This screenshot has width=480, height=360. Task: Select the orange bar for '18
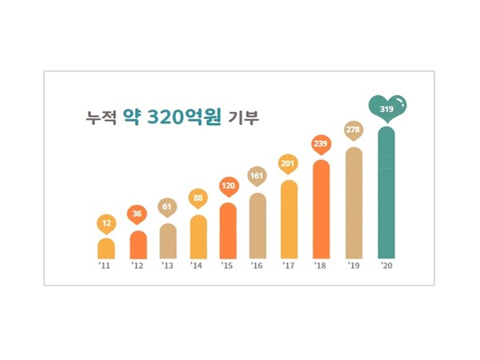(x=320, y=210)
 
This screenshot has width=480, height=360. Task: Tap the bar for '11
(x=106, y=248)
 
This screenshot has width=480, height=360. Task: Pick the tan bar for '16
(x=258, y=226)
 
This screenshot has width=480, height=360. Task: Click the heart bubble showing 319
(x=387, y=106)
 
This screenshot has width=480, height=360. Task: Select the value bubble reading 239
(x=320, y=143)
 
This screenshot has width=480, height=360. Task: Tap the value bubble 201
(x=288, y=163)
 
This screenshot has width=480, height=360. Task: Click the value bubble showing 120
(x=228, y=186)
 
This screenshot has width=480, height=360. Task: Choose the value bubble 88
(x=198, y=198)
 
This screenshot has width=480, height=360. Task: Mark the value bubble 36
(x=138, y=214)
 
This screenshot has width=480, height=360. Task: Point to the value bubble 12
(x=106, y=222)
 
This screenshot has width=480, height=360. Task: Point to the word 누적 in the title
(x=101, y=117)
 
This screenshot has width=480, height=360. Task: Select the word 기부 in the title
(x=250, y=117)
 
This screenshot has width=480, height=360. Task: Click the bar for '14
(x=198, y=237)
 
